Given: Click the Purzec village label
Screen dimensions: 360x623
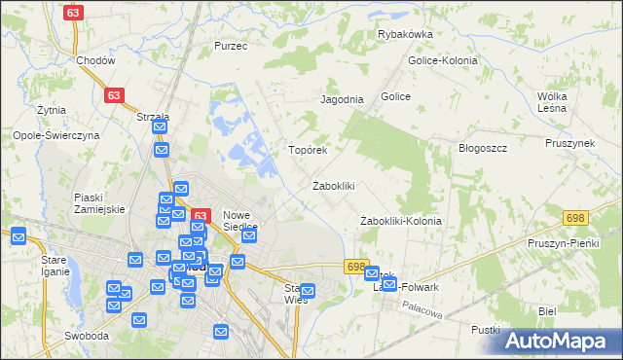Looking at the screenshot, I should (231, 46).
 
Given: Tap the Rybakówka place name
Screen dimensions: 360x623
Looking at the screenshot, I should (405, 34).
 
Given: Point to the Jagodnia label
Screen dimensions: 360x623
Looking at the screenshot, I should (342, 99).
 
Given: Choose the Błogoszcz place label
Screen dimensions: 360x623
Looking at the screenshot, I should (484, 148).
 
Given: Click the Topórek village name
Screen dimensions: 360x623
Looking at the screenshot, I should (307, 151).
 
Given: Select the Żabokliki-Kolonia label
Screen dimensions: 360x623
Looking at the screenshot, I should (400, 221).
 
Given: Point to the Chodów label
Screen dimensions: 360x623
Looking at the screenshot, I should (95, 60).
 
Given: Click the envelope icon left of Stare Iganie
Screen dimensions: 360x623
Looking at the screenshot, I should (18, 234).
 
